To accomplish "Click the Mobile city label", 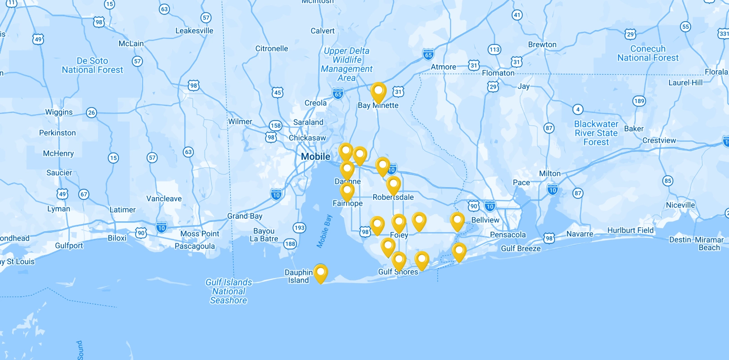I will [x=315, y=157].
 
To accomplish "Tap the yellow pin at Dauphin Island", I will [x=320, y=273].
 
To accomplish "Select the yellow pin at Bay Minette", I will [x=378, y=92].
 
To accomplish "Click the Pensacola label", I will [x=508, y=234].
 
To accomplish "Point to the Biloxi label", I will [x=117, y=238].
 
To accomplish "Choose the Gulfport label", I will [x=69, y=245].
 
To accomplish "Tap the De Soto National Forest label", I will [x=92, y=65].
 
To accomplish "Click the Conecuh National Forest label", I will [x=648, y=53].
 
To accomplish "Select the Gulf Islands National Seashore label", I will [x=228, y=291].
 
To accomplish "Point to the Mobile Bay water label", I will [x=324, y=231].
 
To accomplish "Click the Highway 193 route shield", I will [x=299, y=228].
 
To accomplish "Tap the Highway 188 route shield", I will [x=290, y=244].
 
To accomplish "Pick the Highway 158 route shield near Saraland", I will [x=275, y=126].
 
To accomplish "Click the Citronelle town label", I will [x=272, y=49].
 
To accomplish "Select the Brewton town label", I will [x=542, y=45].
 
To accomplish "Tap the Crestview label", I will [x=659, y=140].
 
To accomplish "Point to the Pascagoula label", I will [x=195, y=246].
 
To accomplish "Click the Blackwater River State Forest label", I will [x=596, y=133].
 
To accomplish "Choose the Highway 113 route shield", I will [x=494, y=49].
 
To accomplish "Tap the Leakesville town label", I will [x=194, y=31].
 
